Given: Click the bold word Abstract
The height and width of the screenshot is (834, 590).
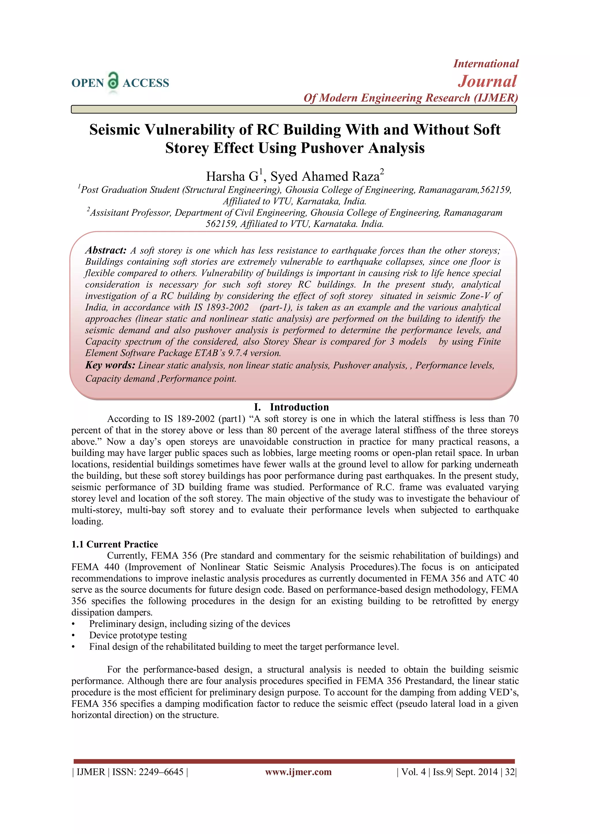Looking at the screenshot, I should [x=106, y=250].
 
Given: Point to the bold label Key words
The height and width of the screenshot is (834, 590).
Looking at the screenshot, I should [x=110, y=365].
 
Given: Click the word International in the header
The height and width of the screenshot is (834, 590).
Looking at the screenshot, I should [x=485, y=64].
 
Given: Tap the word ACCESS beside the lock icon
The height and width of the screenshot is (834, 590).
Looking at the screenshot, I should [x=146, y=83].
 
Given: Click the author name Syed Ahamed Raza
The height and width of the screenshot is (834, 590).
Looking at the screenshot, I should [x=325, y=176].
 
